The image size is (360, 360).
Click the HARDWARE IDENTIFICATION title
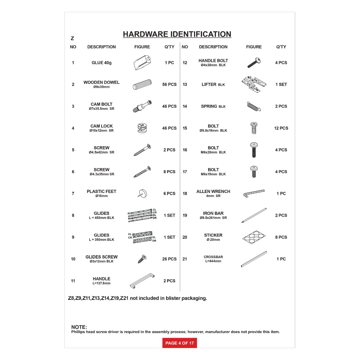coord(177,34)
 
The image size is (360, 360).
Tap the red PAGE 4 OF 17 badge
coord(180,343)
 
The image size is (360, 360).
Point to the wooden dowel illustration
coord(142,85)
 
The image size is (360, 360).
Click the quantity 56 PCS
coord(170,85)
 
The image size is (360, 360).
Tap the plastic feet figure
coord(141,193)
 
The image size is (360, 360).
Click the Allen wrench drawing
coord(254,193)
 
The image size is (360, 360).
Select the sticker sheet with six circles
coord(254,237)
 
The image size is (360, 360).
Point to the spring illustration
coord(254,106)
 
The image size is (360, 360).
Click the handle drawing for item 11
coord(142,280)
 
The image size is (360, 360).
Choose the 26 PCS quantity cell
coord(170,259)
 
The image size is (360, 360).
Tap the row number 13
coord(185,85)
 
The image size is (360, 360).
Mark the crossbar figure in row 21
coord(253,259)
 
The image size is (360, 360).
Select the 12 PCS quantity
coord(281,128)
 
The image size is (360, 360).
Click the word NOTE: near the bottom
coord(79,327)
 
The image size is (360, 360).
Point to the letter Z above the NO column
coord(72,39)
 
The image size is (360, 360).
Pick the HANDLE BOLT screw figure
coord(254,63)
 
